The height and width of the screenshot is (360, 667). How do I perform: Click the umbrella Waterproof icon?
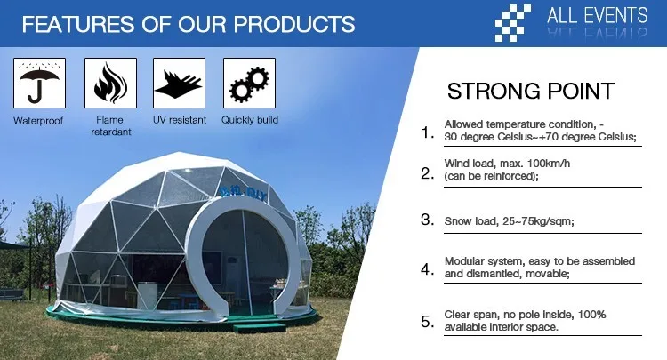click(x=39, y=83)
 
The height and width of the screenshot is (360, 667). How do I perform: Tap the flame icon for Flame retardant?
click(x=110, y=83)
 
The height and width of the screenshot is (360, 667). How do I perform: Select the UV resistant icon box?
click(x=179, y=83)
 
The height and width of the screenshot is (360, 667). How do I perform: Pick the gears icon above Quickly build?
click(x=249, y=83)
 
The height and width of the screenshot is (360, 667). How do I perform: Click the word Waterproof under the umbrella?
click(x=38, y=121)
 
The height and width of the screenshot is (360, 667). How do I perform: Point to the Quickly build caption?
click(x=250, y=120)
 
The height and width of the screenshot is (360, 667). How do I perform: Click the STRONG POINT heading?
click(x=530, y=91)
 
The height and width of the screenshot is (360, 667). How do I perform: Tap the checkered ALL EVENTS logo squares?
click(x=512, y=23)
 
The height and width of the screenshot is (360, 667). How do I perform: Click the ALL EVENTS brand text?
click(x=598, y=16)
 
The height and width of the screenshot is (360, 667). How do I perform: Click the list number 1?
click(x=427, y=132)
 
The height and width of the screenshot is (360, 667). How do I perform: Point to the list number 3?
click(x=427, y=220)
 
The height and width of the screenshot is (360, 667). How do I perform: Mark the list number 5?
click(x=427, y=322)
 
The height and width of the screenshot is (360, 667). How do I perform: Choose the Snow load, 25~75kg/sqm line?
click(x=510, y=221)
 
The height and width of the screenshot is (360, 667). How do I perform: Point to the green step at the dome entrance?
click(x=259, y=328)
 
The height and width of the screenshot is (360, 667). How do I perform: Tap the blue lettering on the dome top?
click(x=245, y=194)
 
